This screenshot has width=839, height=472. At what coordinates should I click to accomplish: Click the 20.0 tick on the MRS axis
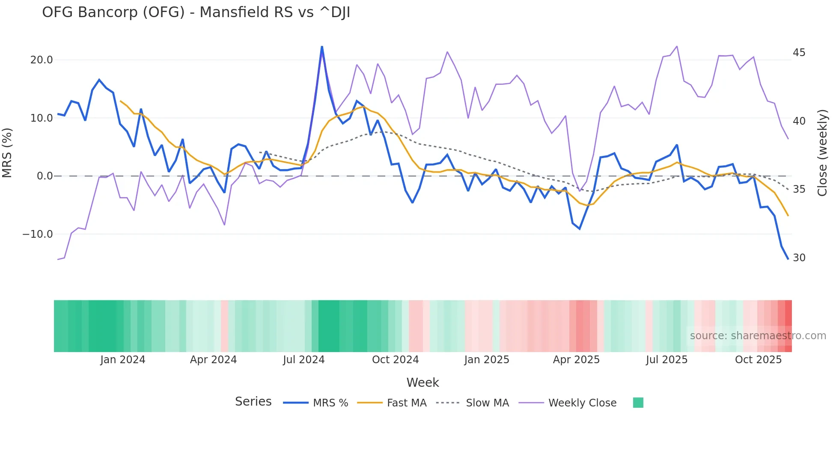click(x=42, y=60)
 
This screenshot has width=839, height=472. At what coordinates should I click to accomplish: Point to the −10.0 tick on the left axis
click(x=38, y=234)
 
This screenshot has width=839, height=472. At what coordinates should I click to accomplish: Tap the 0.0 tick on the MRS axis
click(x=45, y=176)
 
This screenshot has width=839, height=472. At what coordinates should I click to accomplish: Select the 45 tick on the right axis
click(x=799, y=53)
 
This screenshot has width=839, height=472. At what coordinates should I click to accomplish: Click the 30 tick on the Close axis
click(x=799, y=258)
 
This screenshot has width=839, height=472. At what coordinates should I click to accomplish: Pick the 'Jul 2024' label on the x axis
click(x=303, y=360)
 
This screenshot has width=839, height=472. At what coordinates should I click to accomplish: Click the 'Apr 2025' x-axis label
click(x=576, y=360)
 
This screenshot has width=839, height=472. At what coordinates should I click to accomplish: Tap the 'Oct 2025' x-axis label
click(x=758, y=360)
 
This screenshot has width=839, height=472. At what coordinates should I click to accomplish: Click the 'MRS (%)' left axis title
click(x=7, y=153)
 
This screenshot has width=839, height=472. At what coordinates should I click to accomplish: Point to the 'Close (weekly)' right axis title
click(x=822, y=153)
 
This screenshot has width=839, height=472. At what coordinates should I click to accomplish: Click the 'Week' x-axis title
click(x=422, y=382)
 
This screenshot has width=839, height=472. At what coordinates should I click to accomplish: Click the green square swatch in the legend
click(x=638, y=403)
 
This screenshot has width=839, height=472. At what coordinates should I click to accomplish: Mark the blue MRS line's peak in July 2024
click(x=322, y=47)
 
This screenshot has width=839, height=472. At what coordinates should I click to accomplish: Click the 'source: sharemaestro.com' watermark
click(x=758, y=336)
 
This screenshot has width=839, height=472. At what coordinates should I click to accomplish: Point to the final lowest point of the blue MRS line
click(x=788, y=259)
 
